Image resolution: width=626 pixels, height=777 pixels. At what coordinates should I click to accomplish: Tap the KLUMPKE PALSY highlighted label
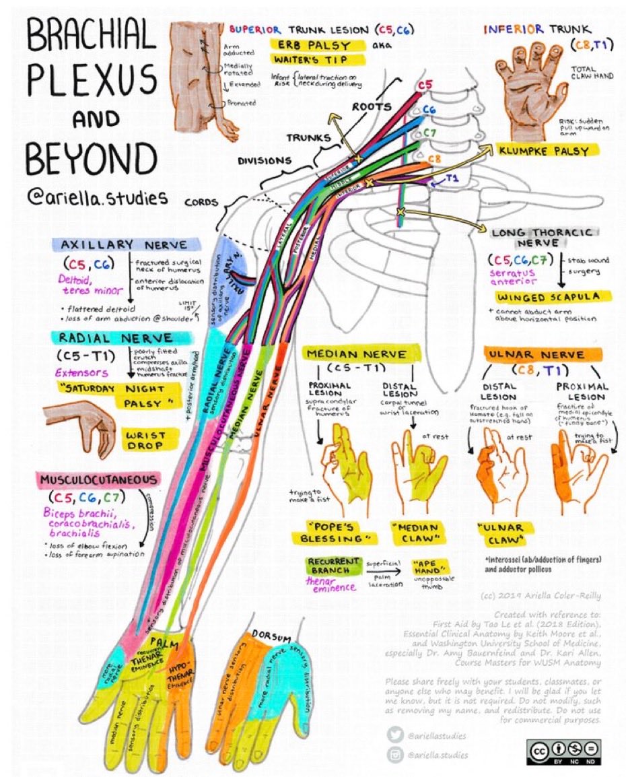tap(544, 150)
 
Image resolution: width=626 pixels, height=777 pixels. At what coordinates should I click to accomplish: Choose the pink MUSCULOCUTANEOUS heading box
tap(99, 479)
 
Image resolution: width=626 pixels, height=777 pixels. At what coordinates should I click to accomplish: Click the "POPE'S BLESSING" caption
tap(332, 532)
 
